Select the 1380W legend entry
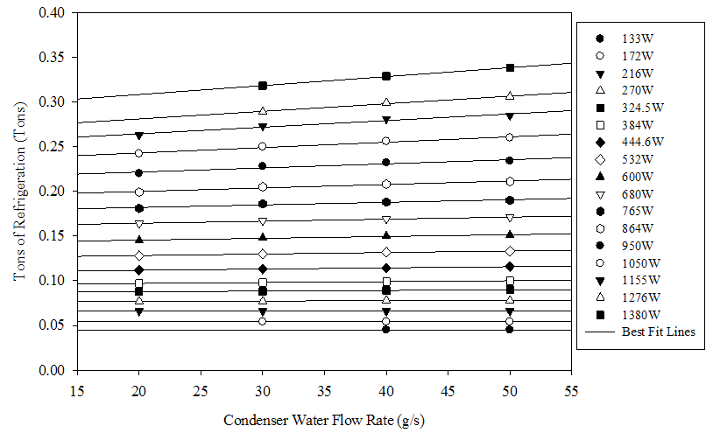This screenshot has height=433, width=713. (634, 314)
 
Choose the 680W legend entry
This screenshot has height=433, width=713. (634, 193)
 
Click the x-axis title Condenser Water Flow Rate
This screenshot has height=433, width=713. (324, 419)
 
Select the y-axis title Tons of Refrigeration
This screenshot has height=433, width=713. (19, 192)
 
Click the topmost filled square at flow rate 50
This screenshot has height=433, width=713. (510, 67)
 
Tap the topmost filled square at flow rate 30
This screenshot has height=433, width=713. (263, 86)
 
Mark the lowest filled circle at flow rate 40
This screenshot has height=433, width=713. (386, 330)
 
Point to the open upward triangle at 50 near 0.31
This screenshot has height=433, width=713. (510, 95)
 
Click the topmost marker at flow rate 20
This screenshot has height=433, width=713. (139, 136)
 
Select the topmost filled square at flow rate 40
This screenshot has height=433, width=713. (386, 76)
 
